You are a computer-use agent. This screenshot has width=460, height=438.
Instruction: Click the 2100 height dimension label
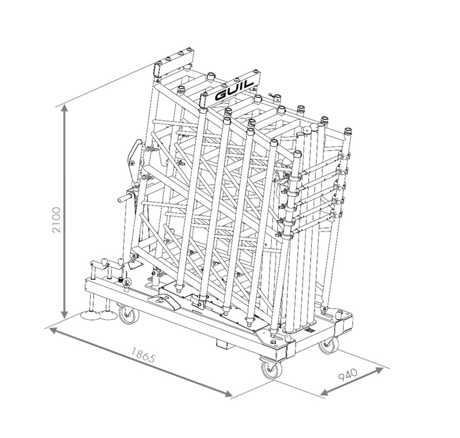56,220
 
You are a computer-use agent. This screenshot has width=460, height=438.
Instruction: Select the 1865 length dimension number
142,354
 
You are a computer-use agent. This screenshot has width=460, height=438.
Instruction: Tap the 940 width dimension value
348,375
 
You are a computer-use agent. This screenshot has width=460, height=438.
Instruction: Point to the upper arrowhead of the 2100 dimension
65,109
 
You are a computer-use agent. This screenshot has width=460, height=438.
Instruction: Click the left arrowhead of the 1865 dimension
53,330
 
